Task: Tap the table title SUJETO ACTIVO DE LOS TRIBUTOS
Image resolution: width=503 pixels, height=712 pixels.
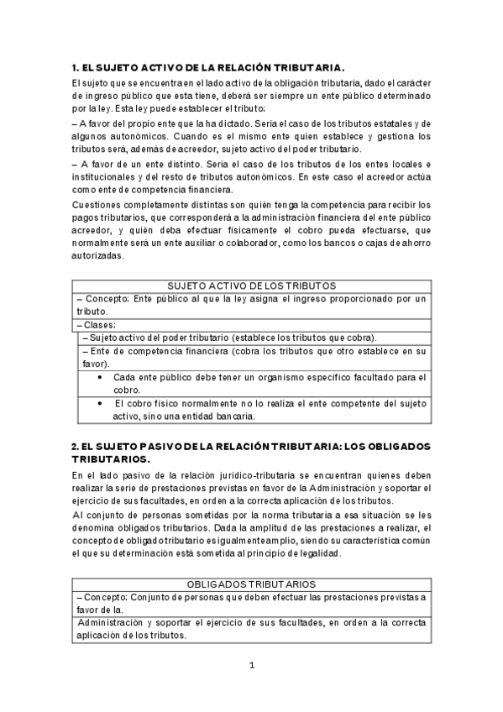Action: pyautogui.click(x=252, y=285)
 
